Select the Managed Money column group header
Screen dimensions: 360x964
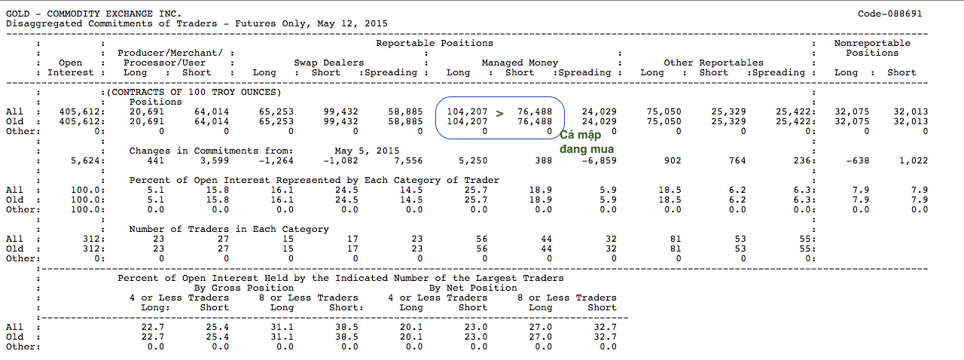coord(520,63)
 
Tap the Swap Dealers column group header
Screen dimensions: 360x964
coord(328,63)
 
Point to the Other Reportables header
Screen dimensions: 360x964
coord(713,63)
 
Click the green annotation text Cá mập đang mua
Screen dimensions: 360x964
coord(586,142)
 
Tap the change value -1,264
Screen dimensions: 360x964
coord(273,160)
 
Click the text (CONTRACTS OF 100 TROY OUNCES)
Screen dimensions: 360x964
coord(194,92)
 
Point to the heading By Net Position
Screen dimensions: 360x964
coord(473,288)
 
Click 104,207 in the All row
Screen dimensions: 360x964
coord(468,112)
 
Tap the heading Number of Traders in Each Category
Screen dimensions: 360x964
coord(229,229)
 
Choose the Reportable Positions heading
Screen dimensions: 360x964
coord(435,44)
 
